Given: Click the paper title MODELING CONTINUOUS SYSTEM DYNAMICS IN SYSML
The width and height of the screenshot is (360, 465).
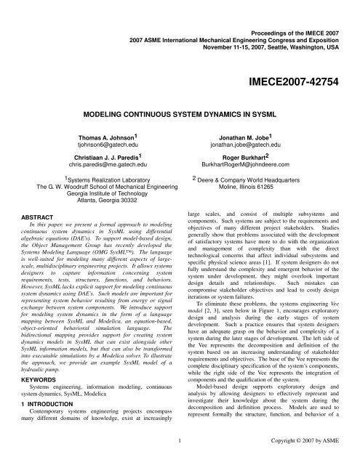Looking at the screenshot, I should pyautogui.click(x=180, y=116).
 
